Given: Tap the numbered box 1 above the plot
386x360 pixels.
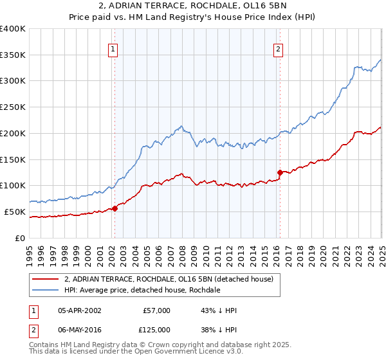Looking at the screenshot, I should click(113, 48).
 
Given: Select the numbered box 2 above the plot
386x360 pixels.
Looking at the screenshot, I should click(279, 48).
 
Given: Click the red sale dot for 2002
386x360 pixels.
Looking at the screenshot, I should click(115, 208).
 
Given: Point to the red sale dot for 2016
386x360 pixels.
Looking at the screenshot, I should click(280, 172).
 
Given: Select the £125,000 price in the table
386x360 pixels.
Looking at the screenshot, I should click(157, 329).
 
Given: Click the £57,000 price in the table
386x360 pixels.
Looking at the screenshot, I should click(157, 310).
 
